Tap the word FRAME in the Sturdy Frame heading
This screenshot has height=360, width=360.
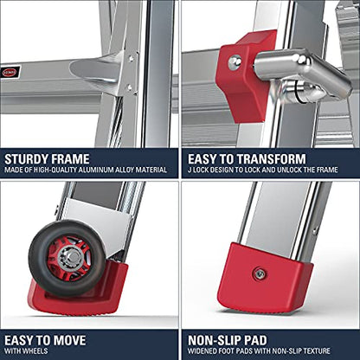67,159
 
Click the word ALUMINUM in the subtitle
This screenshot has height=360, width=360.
96,170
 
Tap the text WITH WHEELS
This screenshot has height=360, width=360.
26,351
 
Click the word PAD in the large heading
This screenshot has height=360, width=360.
256,340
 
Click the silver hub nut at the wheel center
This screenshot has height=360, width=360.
71,258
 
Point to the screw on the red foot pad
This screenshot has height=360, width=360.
259,274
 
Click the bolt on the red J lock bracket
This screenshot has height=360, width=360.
235,62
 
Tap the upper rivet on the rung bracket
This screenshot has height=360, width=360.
131,59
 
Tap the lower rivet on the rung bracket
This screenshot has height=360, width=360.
130,87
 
